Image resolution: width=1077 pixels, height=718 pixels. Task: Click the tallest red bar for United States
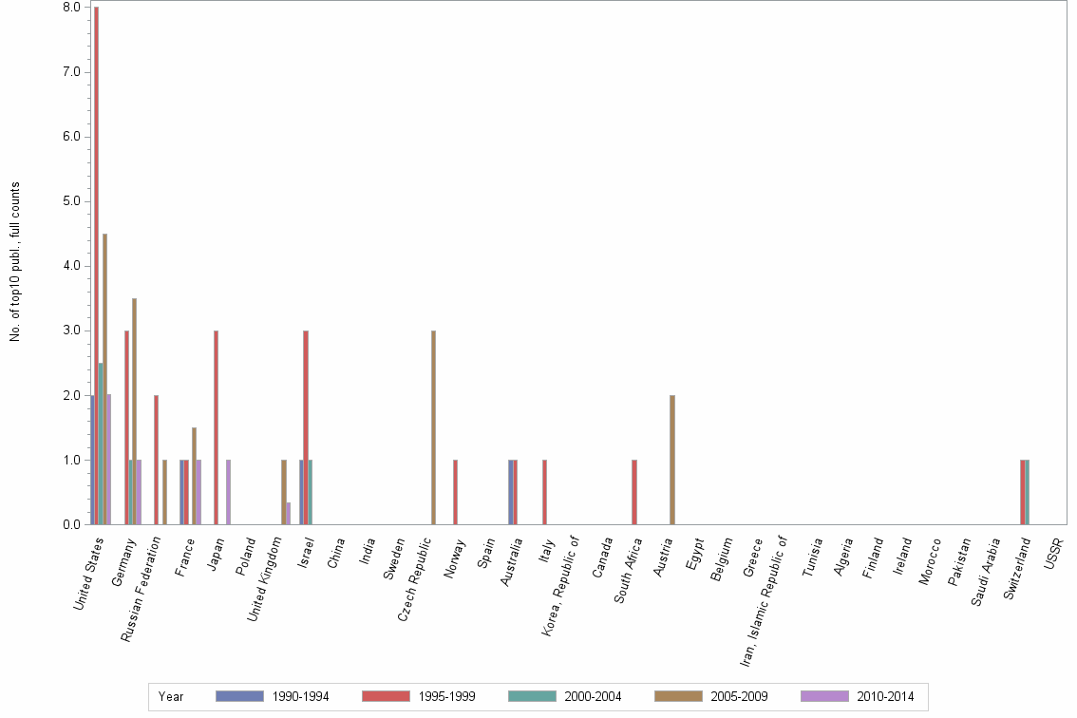tap(96, 266)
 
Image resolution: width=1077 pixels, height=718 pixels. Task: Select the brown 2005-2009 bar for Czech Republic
tap(433, 427)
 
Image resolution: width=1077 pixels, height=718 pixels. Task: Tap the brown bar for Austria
tap(672, 460)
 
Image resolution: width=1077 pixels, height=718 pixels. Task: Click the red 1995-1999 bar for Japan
tap(217, 427)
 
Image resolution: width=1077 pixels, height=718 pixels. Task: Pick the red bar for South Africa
tap(634, 492)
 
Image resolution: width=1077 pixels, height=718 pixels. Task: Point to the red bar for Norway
tap(456, 492)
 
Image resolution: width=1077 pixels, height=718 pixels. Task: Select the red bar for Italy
tap(544, 492)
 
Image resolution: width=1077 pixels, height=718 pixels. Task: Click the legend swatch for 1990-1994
tap(238, 696)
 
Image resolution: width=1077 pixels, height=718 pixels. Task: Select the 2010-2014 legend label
tap(886, 696)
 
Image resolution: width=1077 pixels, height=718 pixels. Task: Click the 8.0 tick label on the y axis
tap(72, 8)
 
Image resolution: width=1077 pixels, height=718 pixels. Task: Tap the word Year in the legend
tap(171, 696)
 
